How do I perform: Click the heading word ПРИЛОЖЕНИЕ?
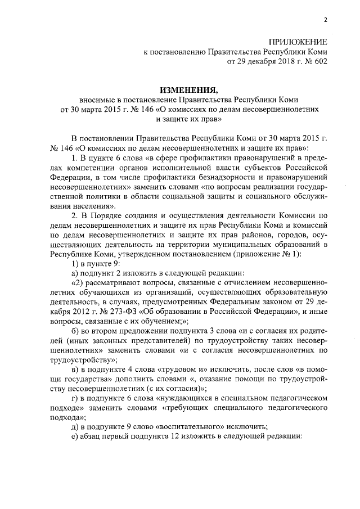298,43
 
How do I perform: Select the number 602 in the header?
317,62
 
